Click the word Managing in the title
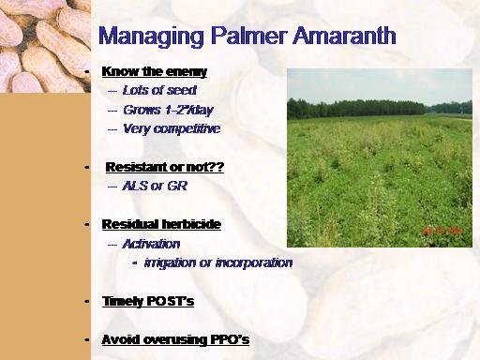(151, 37)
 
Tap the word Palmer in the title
(248, 36)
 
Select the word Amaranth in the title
(344, 36)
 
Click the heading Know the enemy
(155, 72)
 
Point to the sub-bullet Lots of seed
(159, 90)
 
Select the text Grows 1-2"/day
(168, 110)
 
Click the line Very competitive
(172, 128)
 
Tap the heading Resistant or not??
(165, 167)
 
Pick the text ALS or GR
(155, 186)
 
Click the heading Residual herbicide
(161, 224)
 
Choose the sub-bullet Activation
(151, 244)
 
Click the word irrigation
(170, 263)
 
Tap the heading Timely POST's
(148, 301)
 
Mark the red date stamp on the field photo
(442, 231)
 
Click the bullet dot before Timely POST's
(86, 302)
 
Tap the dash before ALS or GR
(112, 187)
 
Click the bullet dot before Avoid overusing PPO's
(86, 339)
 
